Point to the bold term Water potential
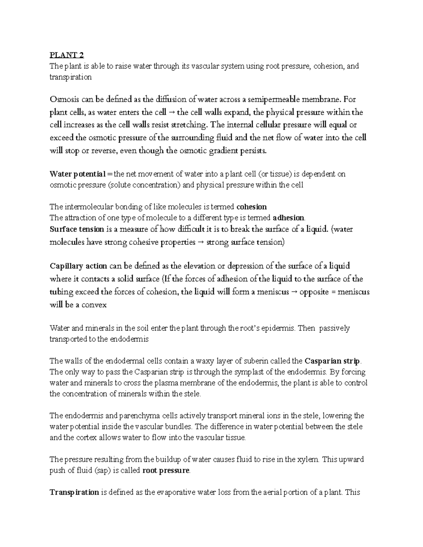78,174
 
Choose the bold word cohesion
251,206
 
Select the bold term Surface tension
77,229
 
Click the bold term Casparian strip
332,361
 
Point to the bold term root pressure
166,471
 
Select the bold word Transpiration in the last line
74,492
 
